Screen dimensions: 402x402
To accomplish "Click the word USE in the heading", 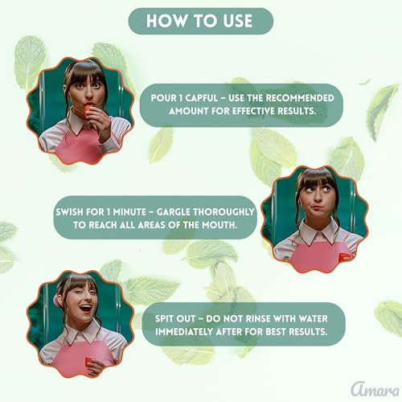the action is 237,21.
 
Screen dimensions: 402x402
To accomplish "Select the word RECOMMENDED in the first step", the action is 300,98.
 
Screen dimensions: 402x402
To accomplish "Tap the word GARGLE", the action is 173,212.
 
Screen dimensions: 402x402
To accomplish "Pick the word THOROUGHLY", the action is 224,212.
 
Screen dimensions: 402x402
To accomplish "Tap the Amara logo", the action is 375,389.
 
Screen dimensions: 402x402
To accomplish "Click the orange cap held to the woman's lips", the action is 87,111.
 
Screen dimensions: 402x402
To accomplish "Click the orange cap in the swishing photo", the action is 343,257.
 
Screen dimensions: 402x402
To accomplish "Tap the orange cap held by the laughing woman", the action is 89,363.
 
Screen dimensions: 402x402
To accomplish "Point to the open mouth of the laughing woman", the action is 85,308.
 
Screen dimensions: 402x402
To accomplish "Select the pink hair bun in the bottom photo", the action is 56,301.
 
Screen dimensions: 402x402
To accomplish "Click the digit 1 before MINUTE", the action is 109,212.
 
